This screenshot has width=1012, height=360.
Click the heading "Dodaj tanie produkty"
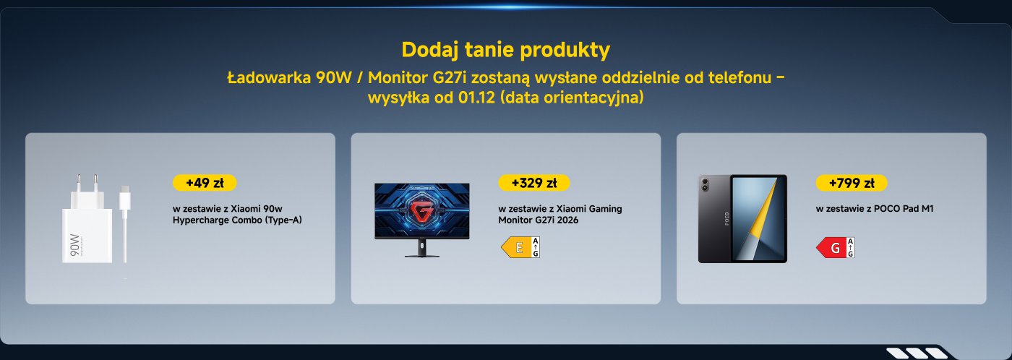coord(505,51)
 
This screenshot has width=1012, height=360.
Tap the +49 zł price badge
coord(205,183)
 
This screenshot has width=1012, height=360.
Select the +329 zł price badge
coord(533,183)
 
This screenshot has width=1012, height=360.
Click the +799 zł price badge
coord(851,183)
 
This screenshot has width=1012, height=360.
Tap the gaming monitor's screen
coord(421,210)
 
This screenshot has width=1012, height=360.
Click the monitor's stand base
coord(421,254)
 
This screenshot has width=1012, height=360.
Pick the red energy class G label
coord(835,248)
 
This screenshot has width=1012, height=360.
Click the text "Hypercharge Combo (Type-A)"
coord(237,220)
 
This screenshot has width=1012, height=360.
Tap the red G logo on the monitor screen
coord(421,210)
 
